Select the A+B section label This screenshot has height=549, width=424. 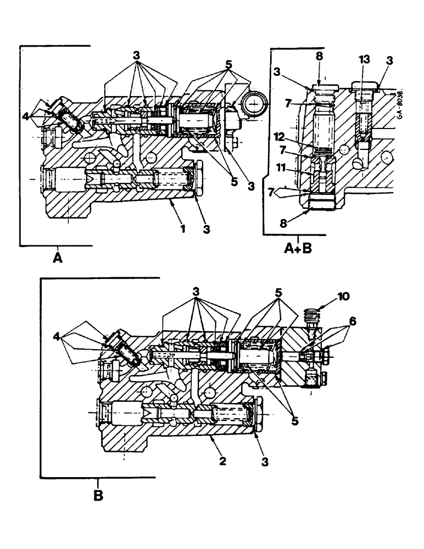coord(297,250)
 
